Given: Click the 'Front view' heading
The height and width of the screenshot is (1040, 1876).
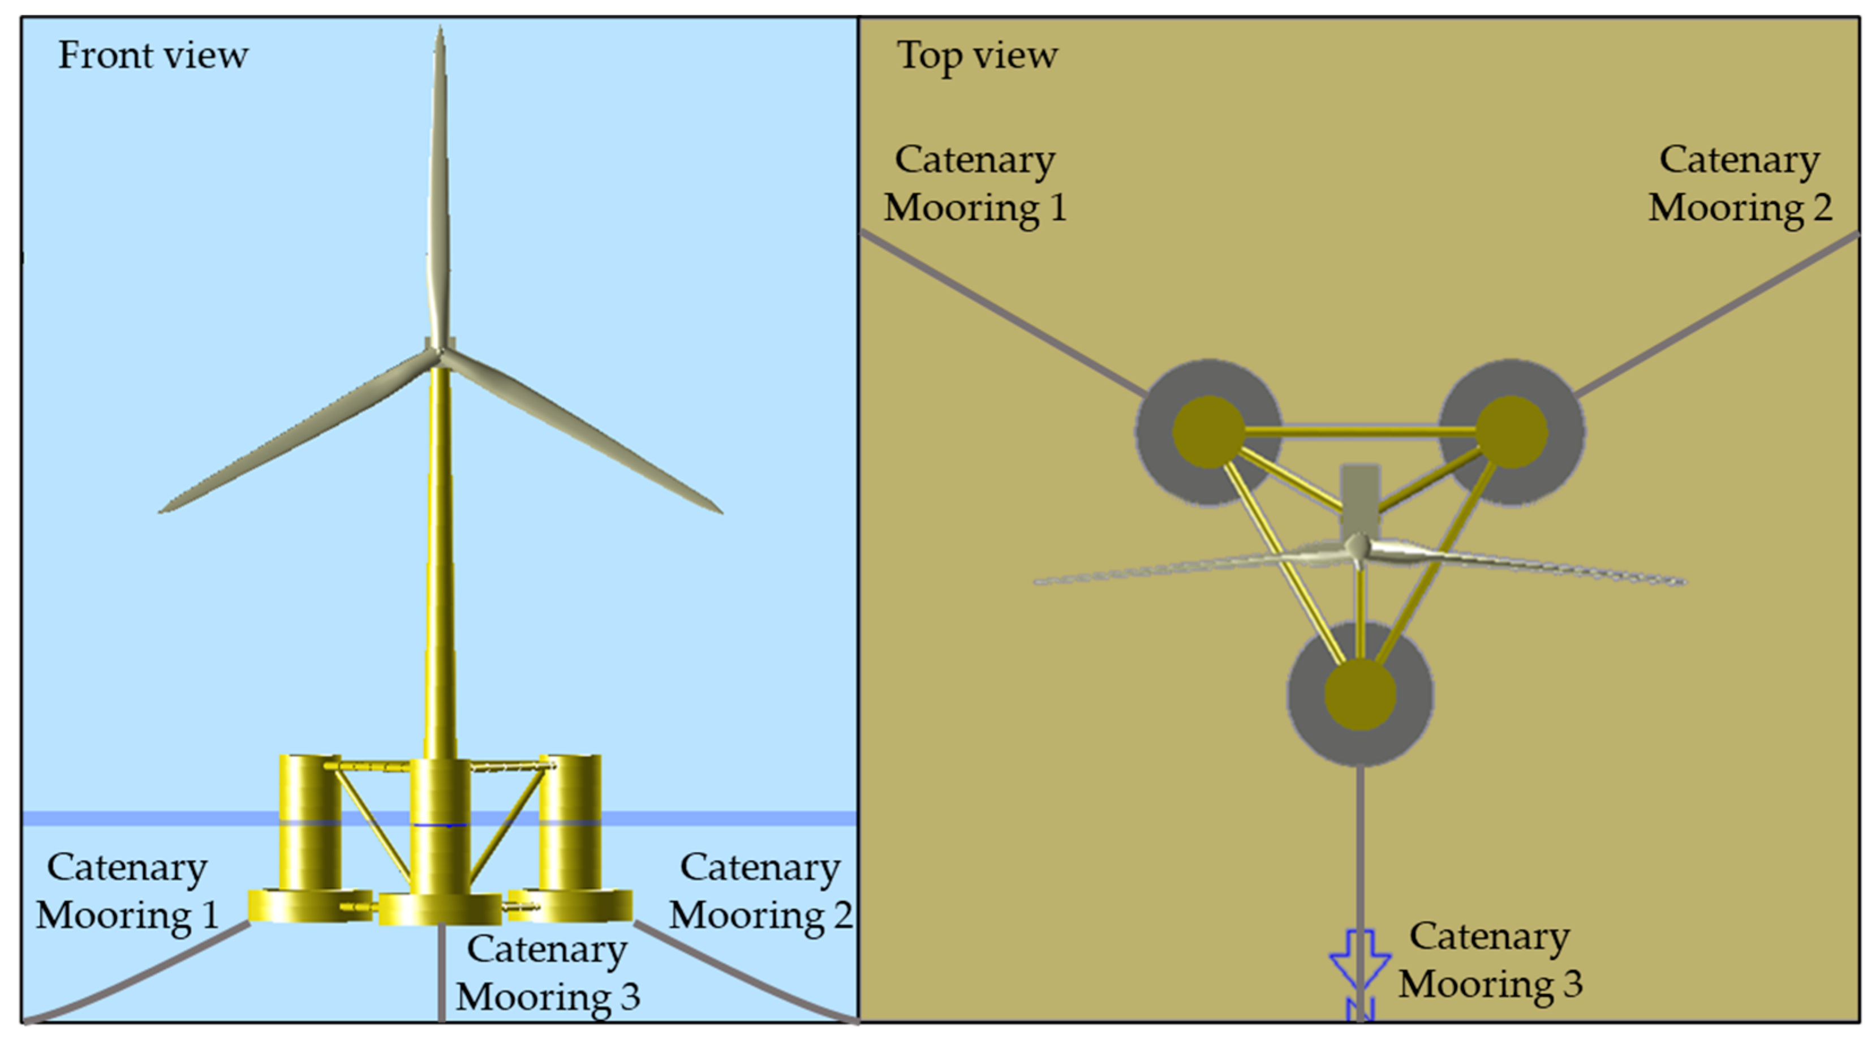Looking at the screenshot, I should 153,55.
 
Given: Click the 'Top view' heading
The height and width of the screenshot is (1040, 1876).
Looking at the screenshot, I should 976,55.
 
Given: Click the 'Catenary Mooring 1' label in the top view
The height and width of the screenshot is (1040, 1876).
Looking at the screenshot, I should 975,183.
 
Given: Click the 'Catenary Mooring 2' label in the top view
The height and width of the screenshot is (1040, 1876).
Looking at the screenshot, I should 1739,183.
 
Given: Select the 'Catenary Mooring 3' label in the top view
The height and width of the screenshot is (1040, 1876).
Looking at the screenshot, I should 1490,960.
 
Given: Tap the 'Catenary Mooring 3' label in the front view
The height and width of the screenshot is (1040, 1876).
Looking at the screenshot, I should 548,973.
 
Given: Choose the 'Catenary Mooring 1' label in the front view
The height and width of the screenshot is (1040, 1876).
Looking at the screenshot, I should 127,891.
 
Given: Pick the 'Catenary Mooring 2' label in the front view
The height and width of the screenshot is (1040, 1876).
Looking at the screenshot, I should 760,891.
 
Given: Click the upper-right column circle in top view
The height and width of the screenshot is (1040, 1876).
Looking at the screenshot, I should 1511,431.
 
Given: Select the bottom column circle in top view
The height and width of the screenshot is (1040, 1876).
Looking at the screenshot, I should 1359,694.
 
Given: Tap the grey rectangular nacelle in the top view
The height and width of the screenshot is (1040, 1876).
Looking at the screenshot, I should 1359,499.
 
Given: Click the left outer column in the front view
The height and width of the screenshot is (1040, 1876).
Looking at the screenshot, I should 309,823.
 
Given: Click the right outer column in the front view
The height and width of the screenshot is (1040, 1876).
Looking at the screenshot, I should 570,823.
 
